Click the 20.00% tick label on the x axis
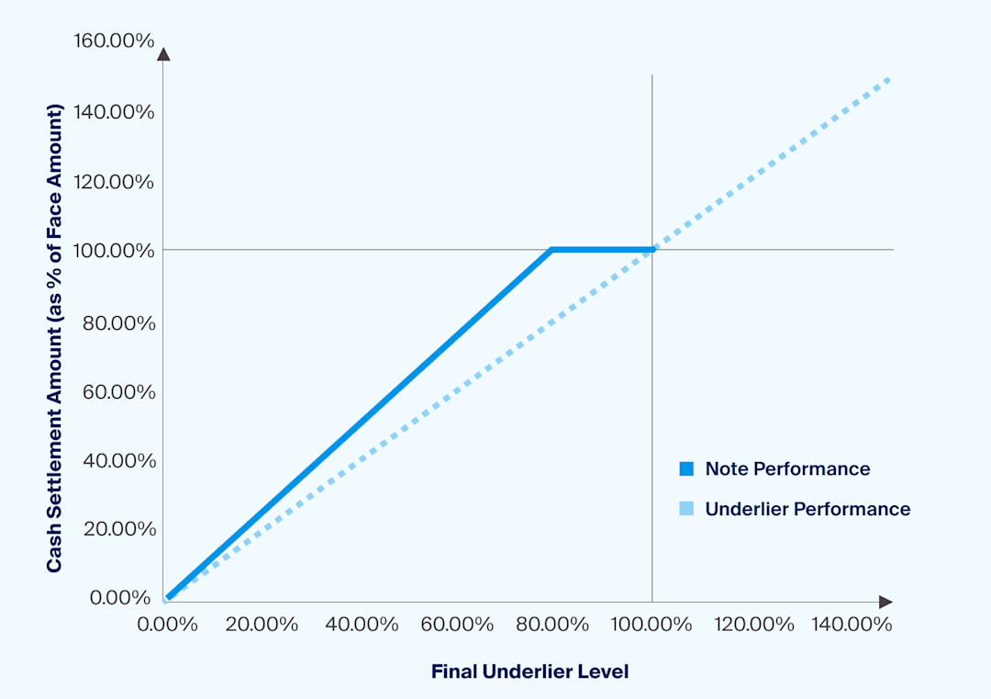(x=262, y=625)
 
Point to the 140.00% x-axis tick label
(x=850, y=625)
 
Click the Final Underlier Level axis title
(x=529, y=671)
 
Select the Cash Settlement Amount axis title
(x=55, y=337)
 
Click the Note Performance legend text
(x=787, y=468)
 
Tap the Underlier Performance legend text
(x=807, y=509)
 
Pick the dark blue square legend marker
(x=686, y=468)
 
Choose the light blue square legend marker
(x=686, y=509)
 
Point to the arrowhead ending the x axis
(x=885, y=602)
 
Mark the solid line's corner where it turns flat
(x=551, y=249)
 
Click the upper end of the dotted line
(x=888, y=80)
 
